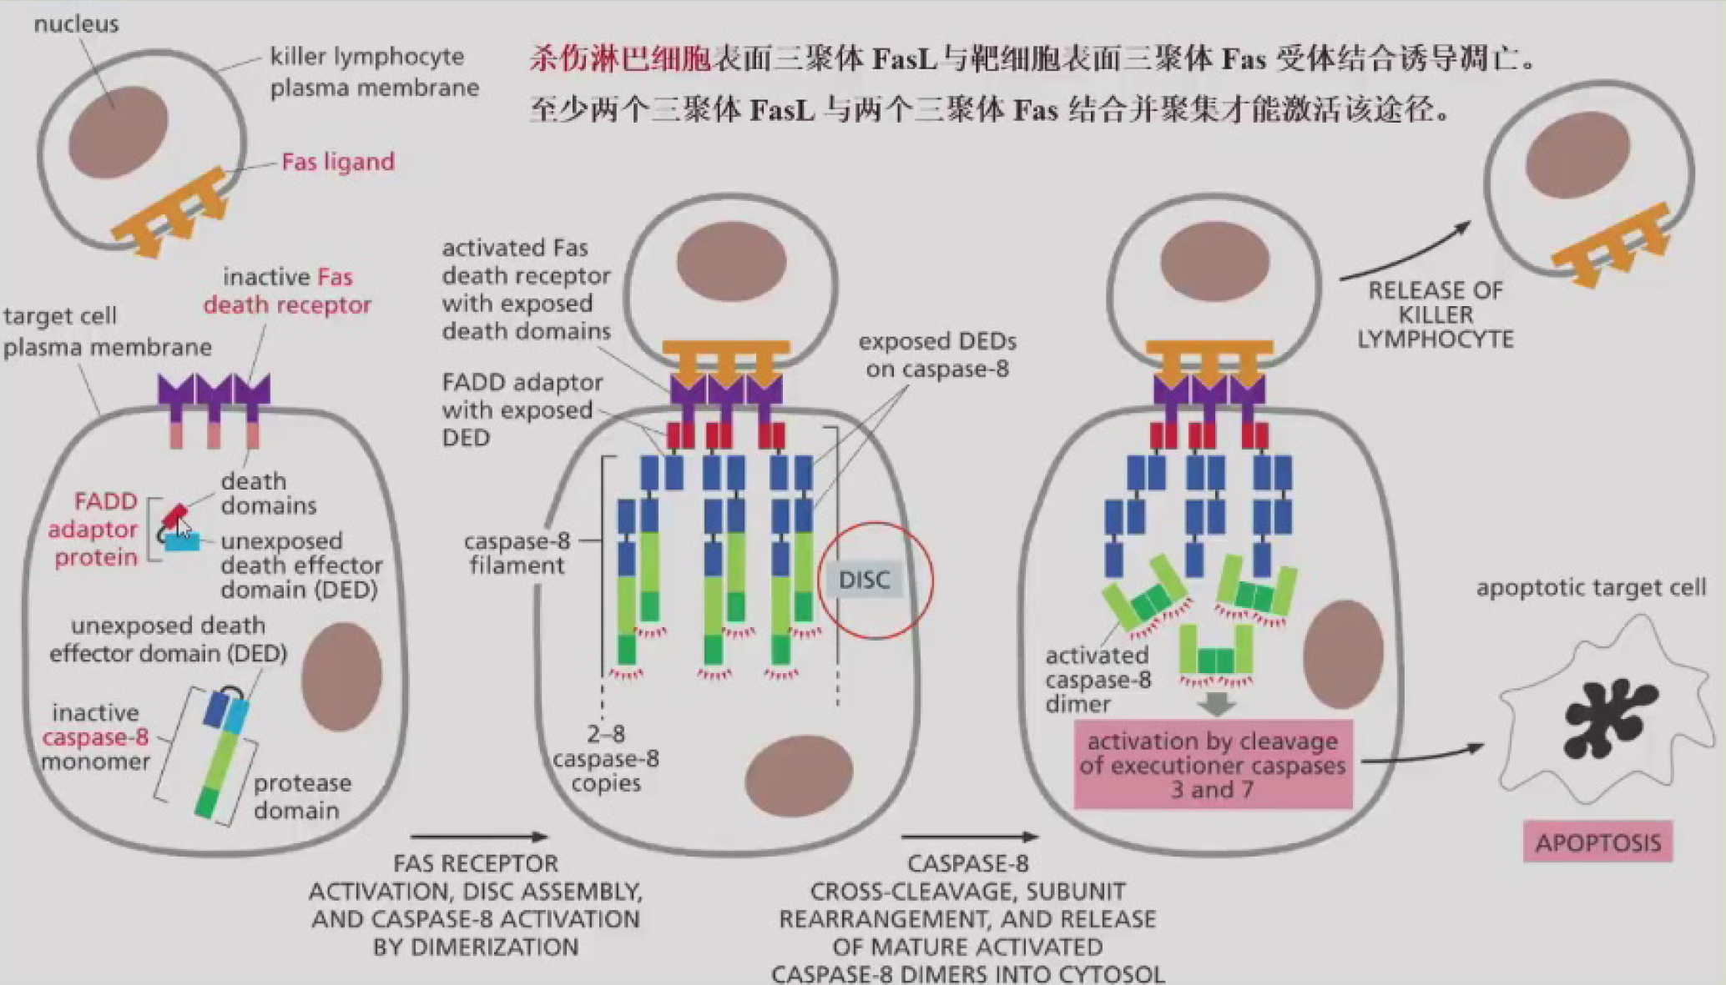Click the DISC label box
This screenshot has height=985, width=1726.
(x=864, y=580)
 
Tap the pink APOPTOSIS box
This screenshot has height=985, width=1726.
(x=1597, y=842)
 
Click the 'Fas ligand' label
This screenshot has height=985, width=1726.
(x=338, y=162)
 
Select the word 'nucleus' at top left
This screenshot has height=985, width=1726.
(x=76, y=24)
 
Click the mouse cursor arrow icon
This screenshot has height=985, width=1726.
(x=184, y=530)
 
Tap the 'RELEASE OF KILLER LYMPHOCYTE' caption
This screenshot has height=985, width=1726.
(x=1435, y=315)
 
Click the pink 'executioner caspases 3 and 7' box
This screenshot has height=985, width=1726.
(x=1212, y=765)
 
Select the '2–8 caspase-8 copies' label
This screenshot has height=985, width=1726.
(x=606, y=758)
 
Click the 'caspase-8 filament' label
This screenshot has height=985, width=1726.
(x=517, y=553)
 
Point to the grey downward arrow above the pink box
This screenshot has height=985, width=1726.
(x=1216, y=705)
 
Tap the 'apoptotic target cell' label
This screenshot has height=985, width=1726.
(x=1591, y=588)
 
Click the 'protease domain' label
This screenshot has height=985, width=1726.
(x=301, y=797)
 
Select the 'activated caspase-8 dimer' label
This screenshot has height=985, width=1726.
(x=1097, y=680)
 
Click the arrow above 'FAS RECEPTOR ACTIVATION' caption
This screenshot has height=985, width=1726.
(x=478, y=836)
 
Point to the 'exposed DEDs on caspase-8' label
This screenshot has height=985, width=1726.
(x=936, y=355)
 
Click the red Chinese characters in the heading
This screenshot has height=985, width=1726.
(x=620, y=59)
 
